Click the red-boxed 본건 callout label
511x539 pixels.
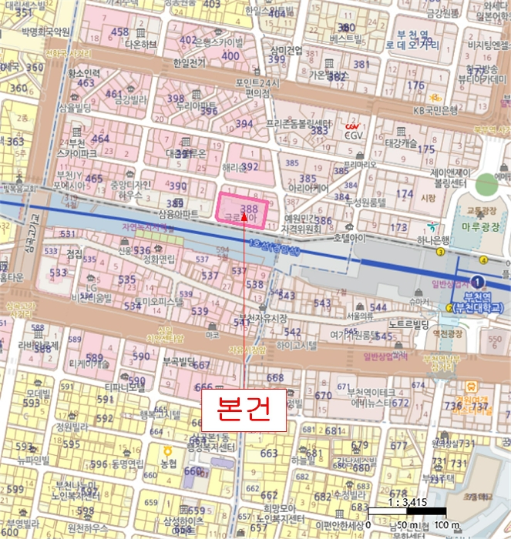pyautogui.click(x=243, y=409)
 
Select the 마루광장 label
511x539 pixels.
pyautogui.click(x=481, y=227)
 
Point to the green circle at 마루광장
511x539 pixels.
pyautogui.click(x=487, y=186)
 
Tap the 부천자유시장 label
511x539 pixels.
pyautogui.click(x=261, y=317)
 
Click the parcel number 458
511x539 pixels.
pyautogui.click(x=120, y=32)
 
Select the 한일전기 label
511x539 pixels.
pyautogui.click(x=190, y=62)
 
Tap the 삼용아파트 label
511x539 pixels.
pyautogui.click(x=178, y=213)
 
